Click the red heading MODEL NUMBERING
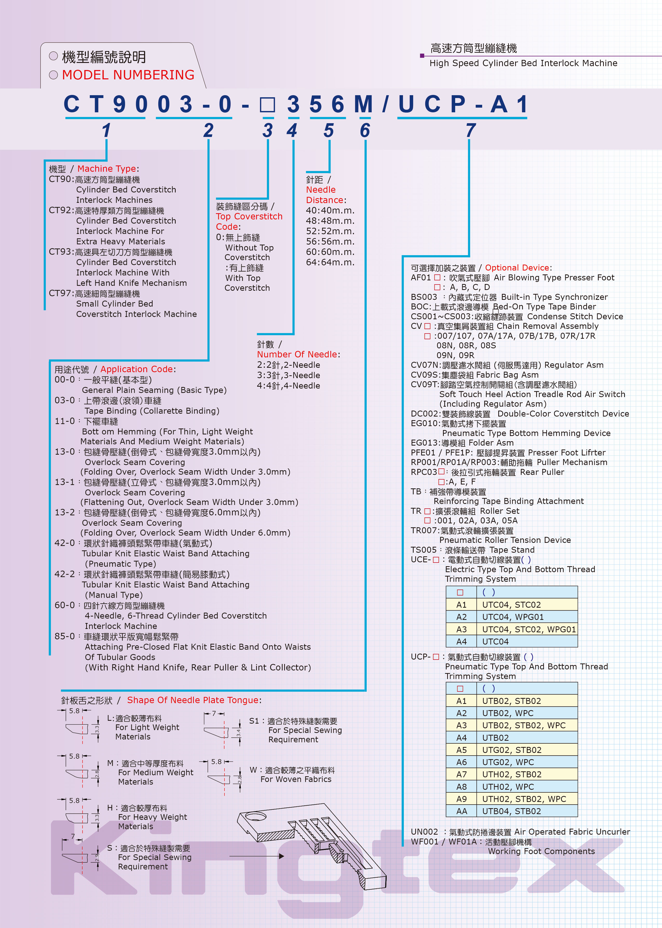click(x=128, y=75)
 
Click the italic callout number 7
click(x=470, y=130)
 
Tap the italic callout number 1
click(x=106, y=130)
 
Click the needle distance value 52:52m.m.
click(x=330, y=231)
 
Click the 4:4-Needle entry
click(x=288, y=385)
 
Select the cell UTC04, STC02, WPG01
click(x=529, y=629)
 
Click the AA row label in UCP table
click(x=461, y=811)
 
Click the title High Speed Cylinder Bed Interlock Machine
click(x=523, y=63)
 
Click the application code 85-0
click(x=65, y=636)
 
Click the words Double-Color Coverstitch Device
click(x=563, y=413)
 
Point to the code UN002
click(x=424, y=832)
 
